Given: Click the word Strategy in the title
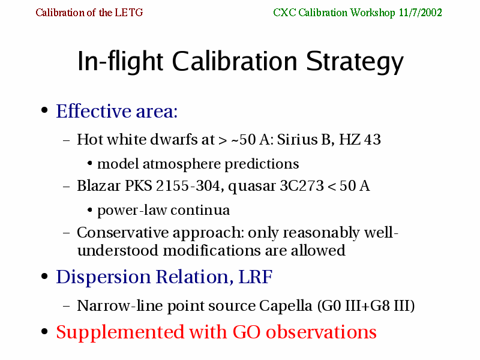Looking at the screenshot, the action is point(355,62).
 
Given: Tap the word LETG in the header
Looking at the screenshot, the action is point(129,13).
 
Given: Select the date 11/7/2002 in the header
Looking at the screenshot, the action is point(421,13).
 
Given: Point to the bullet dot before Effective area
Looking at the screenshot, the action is point(44,110).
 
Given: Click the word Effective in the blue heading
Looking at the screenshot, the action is point(94,111).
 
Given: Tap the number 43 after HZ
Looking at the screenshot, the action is point(372,140).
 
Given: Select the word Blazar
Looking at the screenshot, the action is point(98,185).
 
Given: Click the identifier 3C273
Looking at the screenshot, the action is point(302,186).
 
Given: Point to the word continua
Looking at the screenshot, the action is point(200,211).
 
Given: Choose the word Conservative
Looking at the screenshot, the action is point(123,232).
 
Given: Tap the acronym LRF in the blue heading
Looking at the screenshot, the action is point(256,277).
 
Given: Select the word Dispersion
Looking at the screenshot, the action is point(103,277).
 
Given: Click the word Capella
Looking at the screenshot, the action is point(286,306).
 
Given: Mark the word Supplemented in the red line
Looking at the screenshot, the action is point(120,332).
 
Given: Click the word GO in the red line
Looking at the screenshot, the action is point(247,332).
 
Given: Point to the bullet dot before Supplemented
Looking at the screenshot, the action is point(44,332).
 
